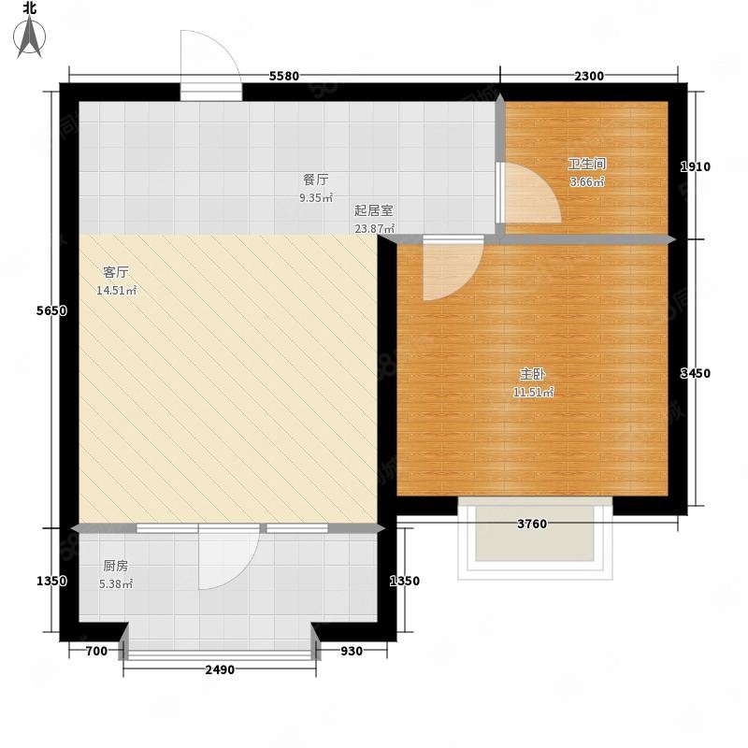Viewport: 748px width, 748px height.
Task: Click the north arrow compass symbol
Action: click(x=29, y=36)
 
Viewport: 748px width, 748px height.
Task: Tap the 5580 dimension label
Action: click(x=284, y=76)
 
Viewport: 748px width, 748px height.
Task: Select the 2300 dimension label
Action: click(x=589, y=76)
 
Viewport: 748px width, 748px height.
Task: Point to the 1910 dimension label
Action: click(x=695, y=166)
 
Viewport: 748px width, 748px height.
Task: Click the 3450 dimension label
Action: click(x=695, y=373)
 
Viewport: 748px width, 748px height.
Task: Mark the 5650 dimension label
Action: click(x=51, y=310)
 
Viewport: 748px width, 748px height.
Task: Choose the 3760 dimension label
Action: click(x=532, y=524)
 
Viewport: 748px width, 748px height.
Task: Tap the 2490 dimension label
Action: click(x=220, y=669)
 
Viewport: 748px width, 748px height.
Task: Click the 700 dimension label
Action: click(x=96, y=651)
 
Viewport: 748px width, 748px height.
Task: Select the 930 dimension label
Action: click(x=352, y=651)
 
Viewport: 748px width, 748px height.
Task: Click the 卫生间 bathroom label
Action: click(x=587, y=165)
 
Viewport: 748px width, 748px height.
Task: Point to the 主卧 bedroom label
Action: click(x=532, y=374)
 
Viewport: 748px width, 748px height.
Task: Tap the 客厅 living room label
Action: click(x=116, y=272)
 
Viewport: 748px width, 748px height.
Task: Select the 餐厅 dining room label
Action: click(x=316, y=180)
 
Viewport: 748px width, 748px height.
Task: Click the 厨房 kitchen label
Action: click(x=116, y=566)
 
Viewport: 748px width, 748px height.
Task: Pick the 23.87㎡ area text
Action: click(x=375, y=228)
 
